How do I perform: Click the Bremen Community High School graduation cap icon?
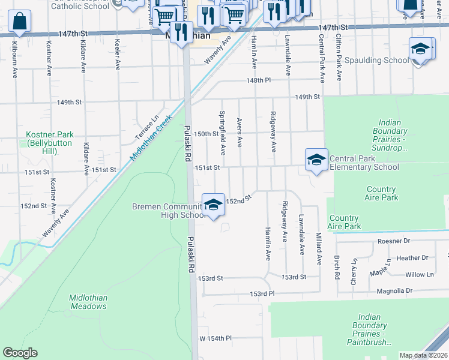pyautogui.click(x=213, y=205)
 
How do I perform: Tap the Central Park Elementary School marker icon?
pyautogui.click(x=316, y=160)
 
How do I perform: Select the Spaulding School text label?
pyautogui.click(x=376, y=61)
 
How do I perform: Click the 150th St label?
pyautogui.click(x=206, y=134)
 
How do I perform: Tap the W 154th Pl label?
pyautogui.click(x=215, y=338)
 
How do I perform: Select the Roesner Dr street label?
pyautogui.click(x=393, y=241)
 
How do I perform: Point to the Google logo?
pyautogui.click(x=20, y=353)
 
